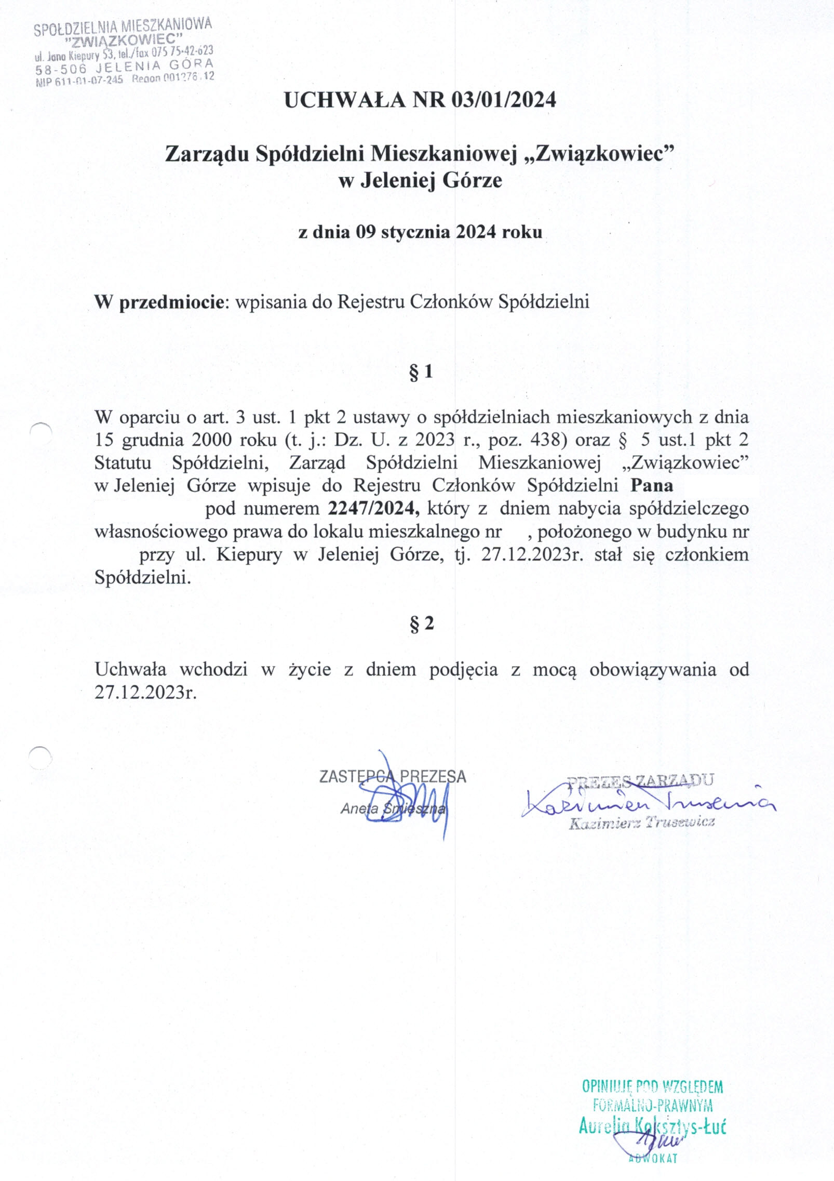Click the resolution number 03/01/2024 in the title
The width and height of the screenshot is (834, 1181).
click(503, 99)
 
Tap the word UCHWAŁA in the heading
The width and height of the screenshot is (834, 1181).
click(344, 99)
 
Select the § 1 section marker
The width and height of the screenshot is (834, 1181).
click(421, 372)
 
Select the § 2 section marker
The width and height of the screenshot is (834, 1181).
click(421, 623)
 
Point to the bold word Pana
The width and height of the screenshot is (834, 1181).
click(652, 485)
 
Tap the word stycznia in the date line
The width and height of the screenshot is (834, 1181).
click(415, 232)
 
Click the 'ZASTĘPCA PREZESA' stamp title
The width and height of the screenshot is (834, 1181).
click(393, 777)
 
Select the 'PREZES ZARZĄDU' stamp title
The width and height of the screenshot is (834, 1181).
click(640, 780)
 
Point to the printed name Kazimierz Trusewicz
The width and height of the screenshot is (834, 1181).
click(641, 822)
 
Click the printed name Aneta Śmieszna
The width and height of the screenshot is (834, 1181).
click(393, 808)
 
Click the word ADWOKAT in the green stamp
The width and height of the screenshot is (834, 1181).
click(653, 1159)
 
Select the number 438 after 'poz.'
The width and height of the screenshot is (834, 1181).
click(547, 440)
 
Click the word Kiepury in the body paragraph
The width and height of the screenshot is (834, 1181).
click(249, 554)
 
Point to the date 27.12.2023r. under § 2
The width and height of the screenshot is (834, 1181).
click(145, 692)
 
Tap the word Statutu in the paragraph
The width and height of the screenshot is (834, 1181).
click(123, 462)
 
